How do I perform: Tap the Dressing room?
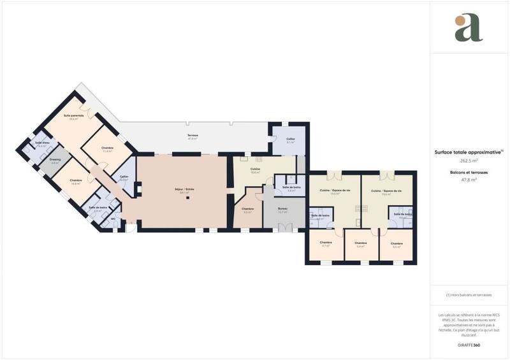[55, 160]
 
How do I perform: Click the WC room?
[113, 219]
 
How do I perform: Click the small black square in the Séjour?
[187, 198]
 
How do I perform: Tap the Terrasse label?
[193, 136]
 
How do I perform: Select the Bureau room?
[282, 210]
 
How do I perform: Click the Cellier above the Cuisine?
[291, 140]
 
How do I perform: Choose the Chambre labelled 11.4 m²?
[107, 149]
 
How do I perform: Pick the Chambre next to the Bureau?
[247, 210]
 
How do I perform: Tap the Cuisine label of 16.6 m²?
[254, 170]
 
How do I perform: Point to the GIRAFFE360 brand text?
[469, 345]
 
